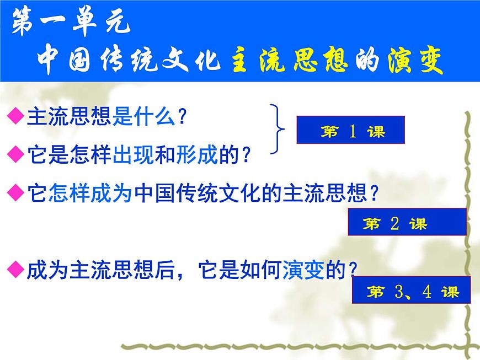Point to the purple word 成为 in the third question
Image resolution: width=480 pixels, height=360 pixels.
[111, 194]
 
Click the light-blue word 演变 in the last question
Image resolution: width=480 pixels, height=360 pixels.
[302, 270]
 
